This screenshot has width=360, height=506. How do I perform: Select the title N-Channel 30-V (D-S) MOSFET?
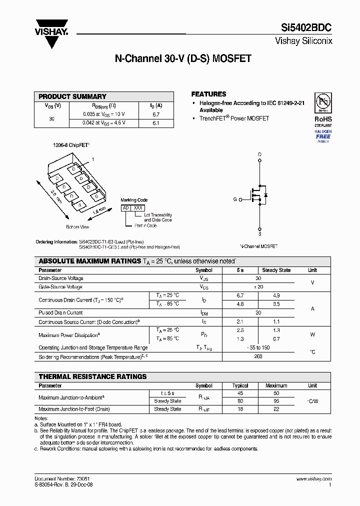point(183,59)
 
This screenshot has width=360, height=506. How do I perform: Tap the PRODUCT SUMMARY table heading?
point(72,96)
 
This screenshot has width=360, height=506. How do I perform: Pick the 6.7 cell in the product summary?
point(155,114)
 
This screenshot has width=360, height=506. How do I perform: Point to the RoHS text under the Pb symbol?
point(323,119)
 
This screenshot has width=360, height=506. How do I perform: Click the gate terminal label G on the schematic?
point(234,199)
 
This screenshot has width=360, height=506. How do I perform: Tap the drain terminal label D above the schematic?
point(259,154)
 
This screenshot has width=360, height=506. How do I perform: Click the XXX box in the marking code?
point(138,207)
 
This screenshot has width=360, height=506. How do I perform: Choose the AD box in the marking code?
point(126,207)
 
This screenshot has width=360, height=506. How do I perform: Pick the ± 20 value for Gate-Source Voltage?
point(258,287)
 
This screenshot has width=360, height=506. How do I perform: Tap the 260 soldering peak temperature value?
point(258,357)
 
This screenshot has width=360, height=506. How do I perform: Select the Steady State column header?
point(276,270)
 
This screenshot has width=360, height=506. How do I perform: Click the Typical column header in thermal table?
point(240,385)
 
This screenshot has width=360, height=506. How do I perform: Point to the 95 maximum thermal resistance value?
point(276,401)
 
